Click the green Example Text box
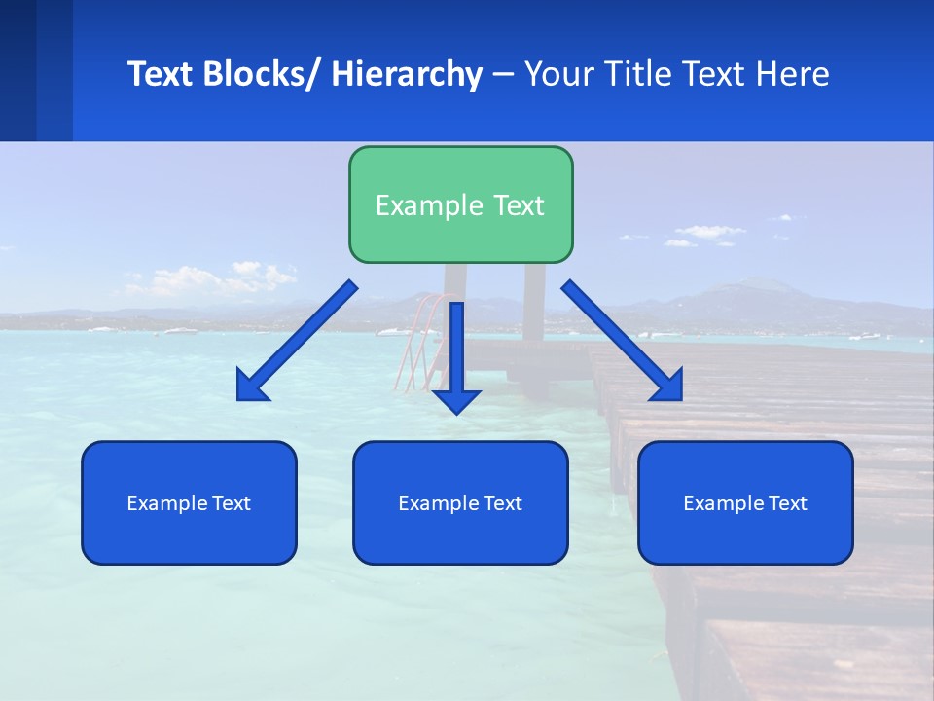[x=460, y=204]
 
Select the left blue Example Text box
[x=189, y=502]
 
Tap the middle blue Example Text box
[x=460, y=502]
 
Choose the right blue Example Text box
[x=745, y=502]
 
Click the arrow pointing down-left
[x=297, y=341]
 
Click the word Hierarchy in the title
[x=407, y=74]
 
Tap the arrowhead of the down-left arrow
[x=251, y=387]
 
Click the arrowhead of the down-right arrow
[x=667, y=386]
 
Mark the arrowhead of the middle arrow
[x=456, y=400]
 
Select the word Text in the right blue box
[x=787, y=502]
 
